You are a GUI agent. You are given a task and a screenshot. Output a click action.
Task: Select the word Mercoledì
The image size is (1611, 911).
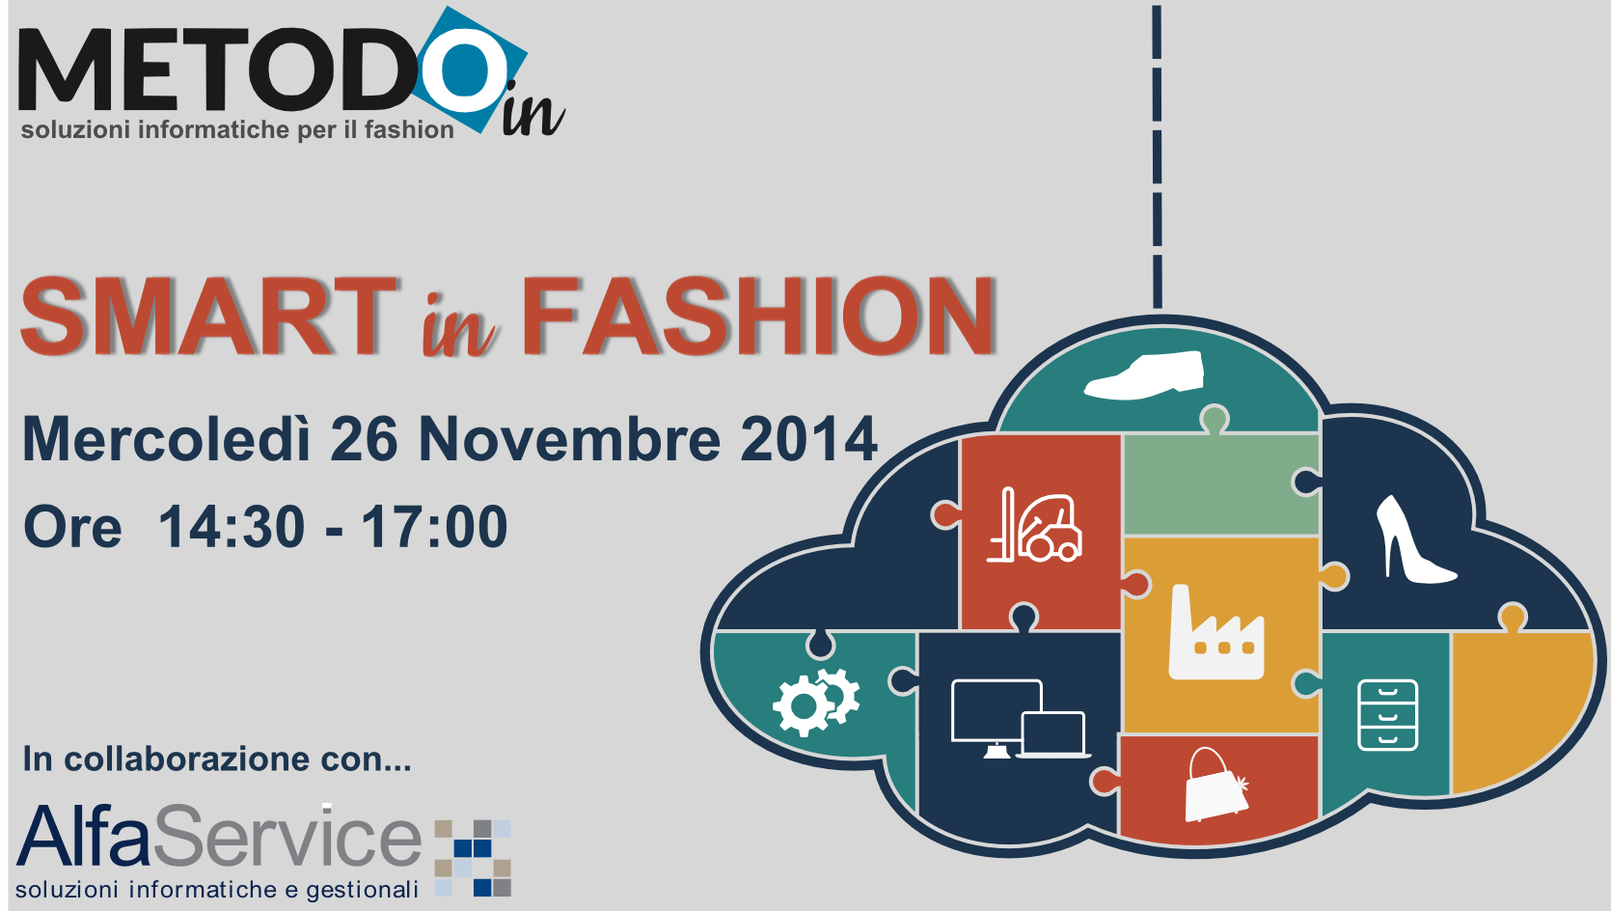coord(166,439)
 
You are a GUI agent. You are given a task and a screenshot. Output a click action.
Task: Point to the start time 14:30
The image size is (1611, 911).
coord(232,527)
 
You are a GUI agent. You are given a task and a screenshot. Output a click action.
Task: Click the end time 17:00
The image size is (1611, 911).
coord(434,527)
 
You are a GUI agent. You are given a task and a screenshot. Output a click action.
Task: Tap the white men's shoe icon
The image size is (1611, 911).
coord(1143,374)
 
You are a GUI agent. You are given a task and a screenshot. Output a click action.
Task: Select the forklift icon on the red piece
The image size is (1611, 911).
coord(1034,525)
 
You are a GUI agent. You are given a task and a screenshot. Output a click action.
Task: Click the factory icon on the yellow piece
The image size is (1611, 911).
coord(1216,633)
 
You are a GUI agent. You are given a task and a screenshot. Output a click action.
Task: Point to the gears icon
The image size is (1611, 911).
coord(816,702)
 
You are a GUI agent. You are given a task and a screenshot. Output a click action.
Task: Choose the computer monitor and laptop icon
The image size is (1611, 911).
coord(1020,719)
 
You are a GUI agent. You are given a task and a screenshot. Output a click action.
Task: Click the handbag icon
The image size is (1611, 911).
coord(1216,786)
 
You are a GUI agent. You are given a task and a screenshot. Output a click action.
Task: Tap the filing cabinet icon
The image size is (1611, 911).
coord(1387,715)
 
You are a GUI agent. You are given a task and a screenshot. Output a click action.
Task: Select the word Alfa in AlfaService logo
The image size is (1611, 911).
coord(84,836)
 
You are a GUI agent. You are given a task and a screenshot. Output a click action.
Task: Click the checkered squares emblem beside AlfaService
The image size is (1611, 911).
coord(473,858)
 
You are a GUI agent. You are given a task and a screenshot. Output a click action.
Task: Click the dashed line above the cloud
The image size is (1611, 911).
coord(1158,157)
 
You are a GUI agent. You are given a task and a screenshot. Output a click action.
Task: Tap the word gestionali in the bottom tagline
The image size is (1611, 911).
coord(363,890)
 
